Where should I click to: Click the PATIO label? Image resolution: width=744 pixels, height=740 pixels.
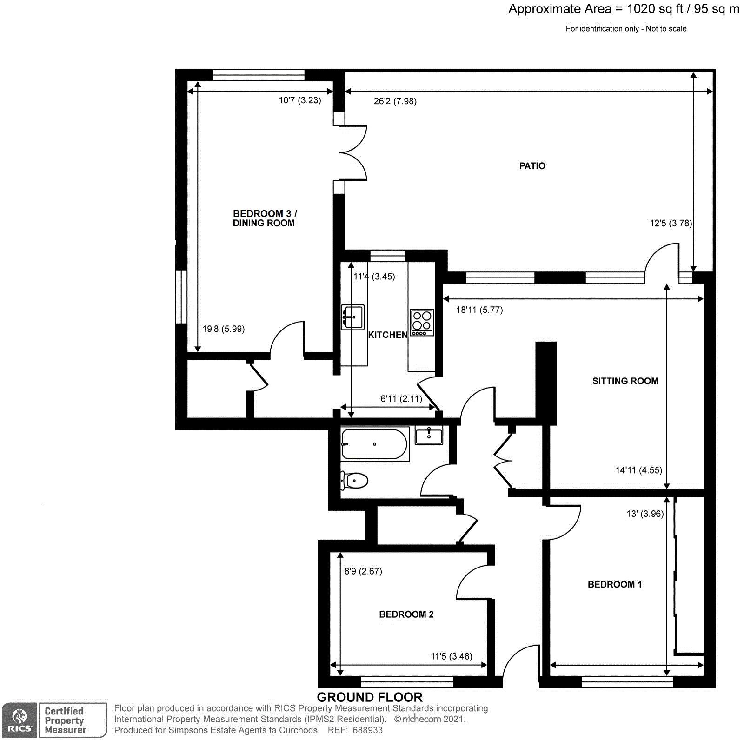click(532, 166)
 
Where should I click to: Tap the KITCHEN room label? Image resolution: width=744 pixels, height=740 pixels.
click(387, 335)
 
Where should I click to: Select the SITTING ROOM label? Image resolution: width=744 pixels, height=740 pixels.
click(625, 381)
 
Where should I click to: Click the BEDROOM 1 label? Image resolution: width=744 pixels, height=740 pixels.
click(614, 584)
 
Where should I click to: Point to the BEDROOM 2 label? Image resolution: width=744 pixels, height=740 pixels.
click(406, 614)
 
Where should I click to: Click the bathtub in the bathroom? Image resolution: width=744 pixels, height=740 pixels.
click(374, 444)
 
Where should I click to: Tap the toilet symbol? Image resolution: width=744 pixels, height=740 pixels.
click(355, 480)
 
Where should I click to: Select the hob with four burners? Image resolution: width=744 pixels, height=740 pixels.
click(422, 322)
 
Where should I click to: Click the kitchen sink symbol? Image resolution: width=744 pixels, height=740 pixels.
click(352, 317)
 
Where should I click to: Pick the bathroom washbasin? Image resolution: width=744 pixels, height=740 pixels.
click(429, 436)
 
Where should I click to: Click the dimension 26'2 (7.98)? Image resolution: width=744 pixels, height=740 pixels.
click(395, 101)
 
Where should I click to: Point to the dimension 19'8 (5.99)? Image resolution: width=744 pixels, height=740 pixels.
click(223, 329)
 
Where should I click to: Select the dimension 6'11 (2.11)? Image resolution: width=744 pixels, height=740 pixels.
click(401, 399)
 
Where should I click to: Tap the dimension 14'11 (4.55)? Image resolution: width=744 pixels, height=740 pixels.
click(638, 470)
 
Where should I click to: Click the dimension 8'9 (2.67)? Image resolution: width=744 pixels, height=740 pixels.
click(363, 571)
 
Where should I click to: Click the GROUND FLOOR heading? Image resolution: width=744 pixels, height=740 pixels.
click(370, 697)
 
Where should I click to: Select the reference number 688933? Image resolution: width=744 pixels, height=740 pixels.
click(367, 730)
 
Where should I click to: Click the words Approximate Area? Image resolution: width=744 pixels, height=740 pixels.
click(559, 9)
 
